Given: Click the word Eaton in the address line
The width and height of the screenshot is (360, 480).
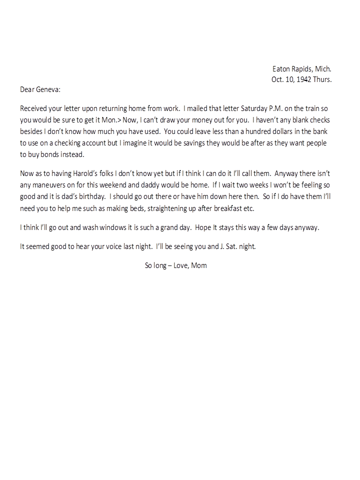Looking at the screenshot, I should pos(281,69).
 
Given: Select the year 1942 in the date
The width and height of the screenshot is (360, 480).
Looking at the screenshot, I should pos(304,79).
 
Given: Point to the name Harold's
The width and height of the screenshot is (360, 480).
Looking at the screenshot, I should pos(93,173).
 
